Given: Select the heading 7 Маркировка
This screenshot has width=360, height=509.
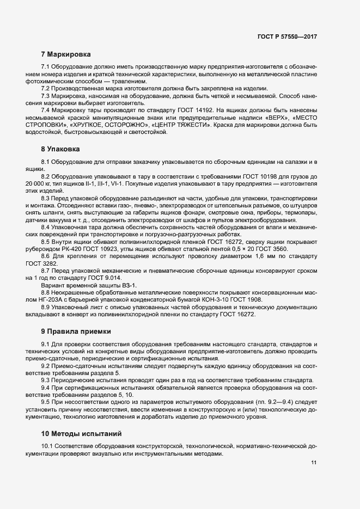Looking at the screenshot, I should click(66, 54).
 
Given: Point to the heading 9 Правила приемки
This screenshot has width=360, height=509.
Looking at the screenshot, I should click(76, 331).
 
